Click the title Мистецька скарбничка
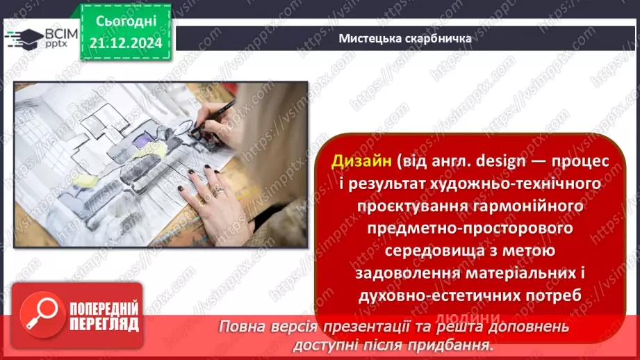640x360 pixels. (x=405, y=38)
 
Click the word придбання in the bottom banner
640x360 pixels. (x=451, y=344)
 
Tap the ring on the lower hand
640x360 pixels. (x=219, y=190)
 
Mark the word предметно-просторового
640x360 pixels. (x=461, y=228)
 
